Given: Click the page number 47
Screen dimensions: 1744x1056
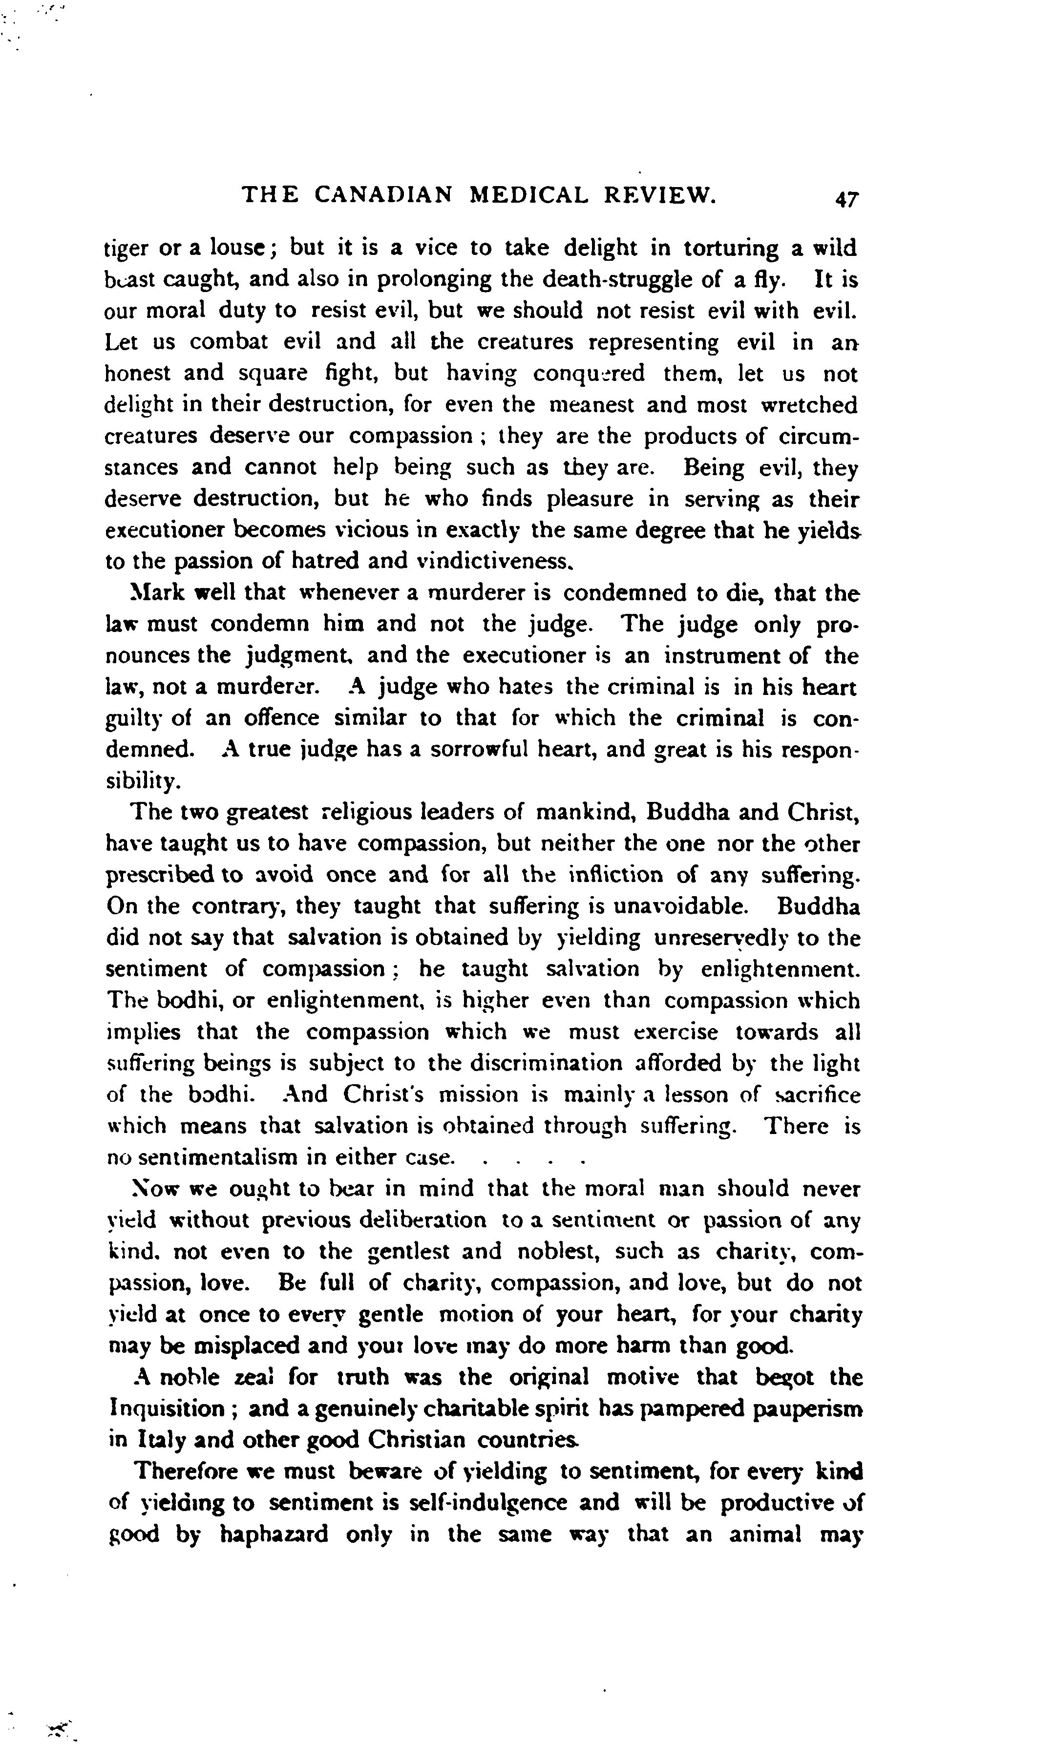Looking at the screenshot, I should [846, 199].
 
